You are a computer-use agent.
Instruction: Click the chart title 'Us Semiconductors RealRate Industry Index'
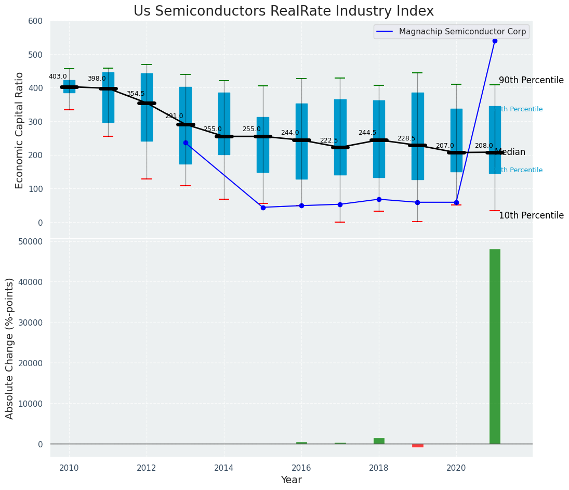(283, 11)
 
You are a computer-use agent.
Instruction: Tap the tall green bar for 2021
(495, 346)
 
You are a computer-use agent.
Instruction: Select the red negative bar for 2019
(417, 445)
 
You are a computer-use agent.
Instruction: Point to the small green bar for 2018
(379, 441)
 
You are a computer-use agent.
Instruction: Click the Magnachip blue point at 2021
(495, 41)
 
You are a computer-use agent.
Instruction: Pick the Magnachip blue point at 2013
(186, 143)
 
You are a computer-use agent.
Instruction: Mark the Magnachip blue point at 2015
(263, 208)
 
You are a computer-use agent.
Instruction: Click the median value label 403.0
(58, 76)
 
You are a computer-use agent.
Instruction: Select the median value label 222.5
(329, 140)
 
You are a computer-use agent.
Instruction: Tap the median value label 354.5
(136, 94)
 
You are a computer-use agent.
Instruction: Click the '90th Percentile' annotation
(531, 80)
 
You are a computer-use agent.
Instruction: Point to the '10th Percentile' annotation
(531, 215)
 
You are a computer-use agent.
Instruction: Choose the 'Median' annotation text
(510, 152)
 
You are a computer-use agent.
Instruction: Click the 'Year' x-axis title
(291, 480)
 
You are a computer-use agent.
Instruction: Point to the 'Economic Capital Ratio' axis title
(20, 130)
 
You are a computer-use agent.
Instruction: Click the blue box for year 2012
(147, 107)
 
